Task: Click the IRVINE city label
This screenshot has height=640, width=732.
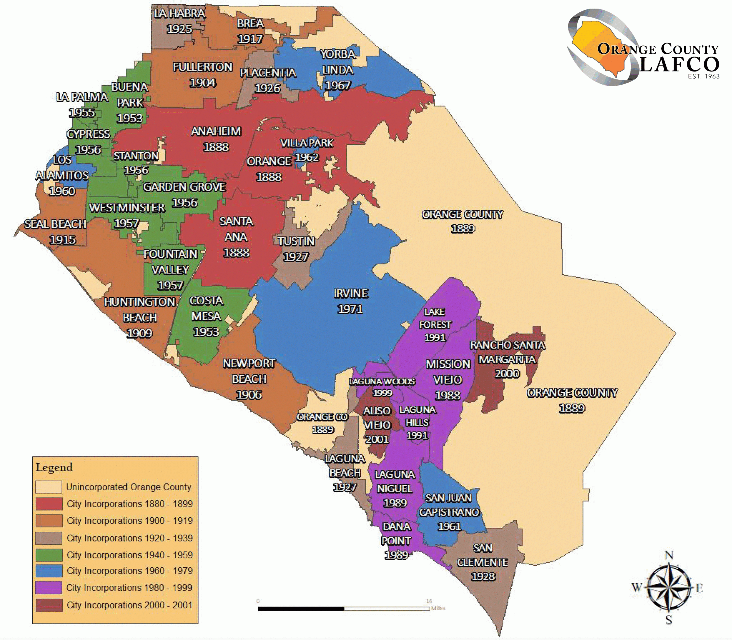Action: pos(351,294)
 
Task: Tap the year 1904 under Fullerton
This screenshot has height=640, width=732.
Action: pos(203,83)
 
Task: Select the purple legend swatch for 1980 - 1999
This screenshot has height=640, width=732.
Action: pos(49,587)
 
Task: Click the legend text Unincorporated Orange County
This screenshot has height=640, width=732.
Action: pos(129,487)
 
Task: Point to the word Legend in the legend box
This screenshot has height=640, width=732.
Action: pos(54,467)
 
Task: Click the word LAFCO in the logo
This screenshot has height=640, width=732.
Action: pos(679,65)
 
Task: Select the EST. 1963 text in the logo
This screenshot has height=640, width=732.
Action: pos(703,76)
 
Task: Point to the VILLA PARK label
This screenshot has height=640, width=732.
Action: pos(307,143)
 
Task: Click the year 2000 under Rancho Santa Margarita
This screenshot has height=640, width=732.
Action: pos(507,374)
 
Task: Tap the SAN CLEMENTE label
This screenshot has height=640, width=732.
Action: pos(482,555)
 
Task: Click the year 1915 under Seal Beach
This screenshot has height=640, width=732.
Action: pos(63,240)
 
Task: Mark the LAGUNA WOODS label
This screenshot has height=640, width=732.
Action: pos(382,381)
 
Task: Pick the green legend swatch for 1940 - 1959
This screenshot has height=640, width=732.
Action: pos(49,555)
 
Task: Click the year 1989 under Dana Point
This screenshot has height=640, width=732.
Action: pos(396,555)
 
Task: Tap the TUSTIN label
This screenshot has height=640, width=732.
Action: pos(296,241)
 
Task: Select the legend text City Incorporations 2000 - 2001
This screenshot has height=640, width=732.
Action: pos(129,605)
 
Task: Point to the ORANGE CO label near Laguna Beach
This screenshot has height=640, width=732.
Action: pos(322,417)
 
